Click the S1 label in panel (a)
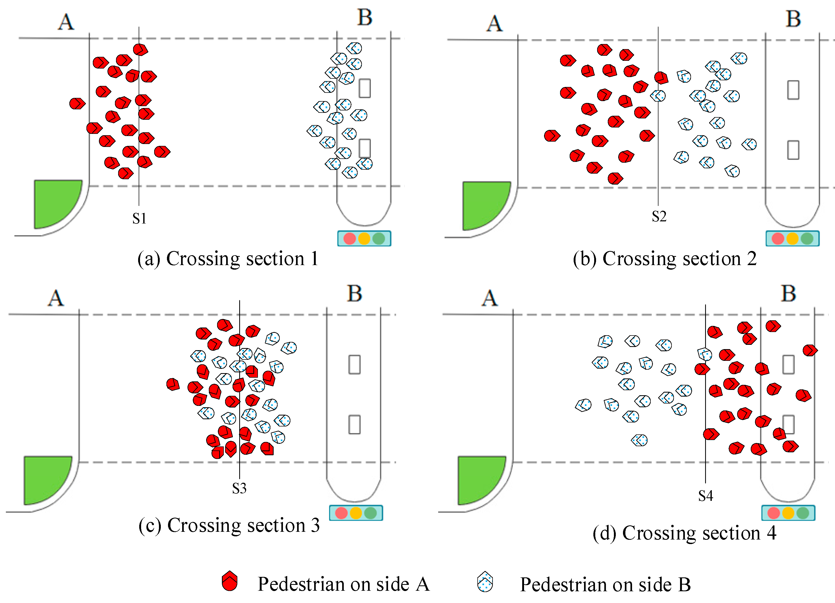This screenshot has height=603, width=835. (139, 219)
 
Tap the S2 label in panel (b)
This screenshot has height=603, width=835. (659, 217)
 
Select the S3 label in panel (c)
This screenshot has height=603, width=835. (239, 489)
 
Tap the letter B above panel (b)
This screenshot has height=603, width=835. (793, 19)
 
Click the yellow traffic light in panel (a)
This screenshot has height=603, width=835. (364, 238)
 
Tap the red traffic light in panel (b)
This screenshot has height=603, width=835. (778, 238)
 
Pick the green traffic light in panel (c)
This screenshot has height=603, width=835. (370, 513)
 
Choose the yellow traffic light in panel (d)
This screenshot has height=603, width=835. (788, 513)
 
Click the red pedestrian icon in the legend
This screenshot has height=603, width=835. (230, 581)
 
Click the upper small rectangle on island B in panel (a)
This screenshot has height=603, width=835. (365, 88)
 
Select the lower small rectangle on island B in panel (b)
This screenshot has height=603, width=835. (793, 150)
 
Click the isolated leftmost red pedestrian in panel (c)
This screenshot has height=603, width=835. (173, 384)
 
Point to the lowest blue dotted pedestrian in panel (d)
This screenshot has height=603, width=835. (639, 440)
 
